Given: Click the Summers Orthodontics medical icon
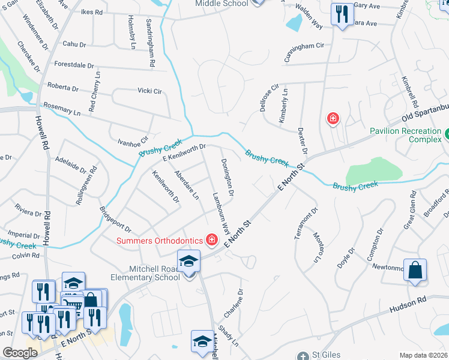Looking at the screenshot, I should [x=211, y=241].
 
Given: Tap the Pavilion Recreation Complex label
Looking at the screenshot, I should [x=405, y=135].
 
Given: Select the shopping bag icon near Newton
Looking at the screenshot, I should [x=415, y=271].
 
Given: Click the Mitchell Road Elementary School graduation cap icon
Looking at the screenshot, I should [x=188, y=262].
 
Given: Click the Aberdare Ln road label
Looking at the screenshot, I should [x=186, y=184].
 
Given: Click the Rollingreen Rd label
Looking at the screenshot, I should [x=84, y=187].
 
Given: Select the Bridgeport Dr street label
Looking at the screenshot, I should [x=115, y=220].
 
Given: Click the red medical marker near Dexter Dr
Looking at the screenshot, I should [x=332, y=119].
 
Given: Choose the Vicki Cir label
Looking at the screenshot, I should [x=150, y=91].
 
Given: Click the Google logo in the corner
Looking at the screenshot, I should [x=19, y=353].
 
